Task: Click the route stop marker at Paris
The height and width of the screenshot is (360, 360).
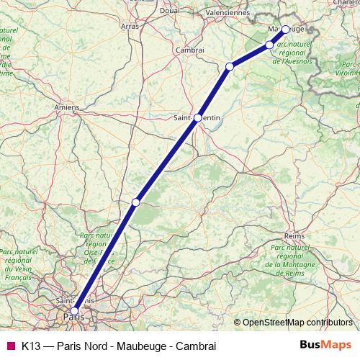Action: point(74,311)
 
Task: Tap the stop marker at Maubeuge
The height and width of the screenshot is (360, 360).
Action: point(286,30)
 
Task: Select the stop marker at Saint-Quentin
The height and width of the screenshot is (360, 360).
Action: point(198,117)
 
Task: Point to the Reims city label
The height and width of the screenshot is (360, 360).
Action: point(295,235)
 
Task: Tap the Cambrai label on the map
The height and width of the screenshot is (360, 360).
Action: point(191,50)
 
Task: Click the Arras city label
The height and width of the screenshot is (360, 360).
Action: point(130,26)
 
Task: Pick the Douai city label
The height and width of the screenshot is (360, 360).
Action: point(170,11)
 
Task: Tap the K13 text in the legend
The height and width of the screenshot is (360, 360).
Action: point(30,344)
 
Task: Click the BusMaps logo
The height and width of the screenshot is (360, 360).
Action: point(325,344)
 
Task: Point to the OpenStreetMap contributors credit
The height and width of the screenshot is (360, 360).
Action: point(293,323)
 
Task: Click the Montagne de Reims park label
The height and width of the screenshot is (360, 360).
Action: point(297,260)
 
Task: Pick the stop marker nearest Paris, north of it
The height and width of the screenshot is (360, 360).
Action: point(135,202)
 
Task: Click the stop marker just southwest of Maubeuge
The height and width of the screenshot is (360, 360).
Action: point(270,45)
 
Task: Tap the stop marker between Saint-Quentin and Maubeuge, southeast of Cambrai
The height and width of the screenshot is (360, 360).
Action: point(230,67)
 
